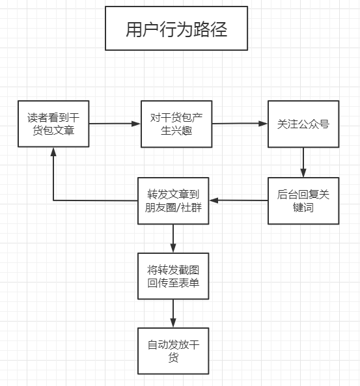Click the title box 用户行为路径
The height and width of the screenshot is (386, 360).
click(176, 29)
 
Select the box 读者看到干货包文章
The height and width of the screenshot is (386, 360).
click(53, 124)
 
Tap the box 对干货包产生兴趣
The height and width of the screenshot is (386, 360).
click(176, 124)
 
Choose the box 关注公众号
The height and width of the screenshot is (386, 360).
click(303, 124)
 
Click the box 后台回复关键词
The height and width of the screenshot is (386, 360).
click(303, 200)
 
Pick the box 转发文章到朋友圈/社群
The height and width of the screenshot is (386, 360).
click(173, 200)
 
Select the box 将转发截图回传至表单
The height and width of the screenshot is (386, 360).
click(173, 276)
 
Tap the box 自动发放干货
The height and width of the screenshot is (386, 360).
click(173, 352)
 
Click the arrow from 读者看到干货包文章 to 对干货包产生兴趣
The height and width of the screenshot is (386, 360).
click(115, 124)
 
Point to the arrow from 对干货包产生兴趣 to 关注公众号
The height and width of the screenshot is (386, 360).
click(240, 124)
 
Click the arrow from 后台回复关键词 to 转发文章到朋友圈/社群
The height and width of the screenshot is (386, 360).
click(238, 200)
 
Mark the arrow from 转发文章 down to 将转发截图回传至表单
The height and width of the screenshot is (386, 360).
click(173, 238)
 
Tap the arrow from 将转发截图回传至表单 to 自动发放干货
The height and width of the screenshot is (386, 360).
click(173, 314)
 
